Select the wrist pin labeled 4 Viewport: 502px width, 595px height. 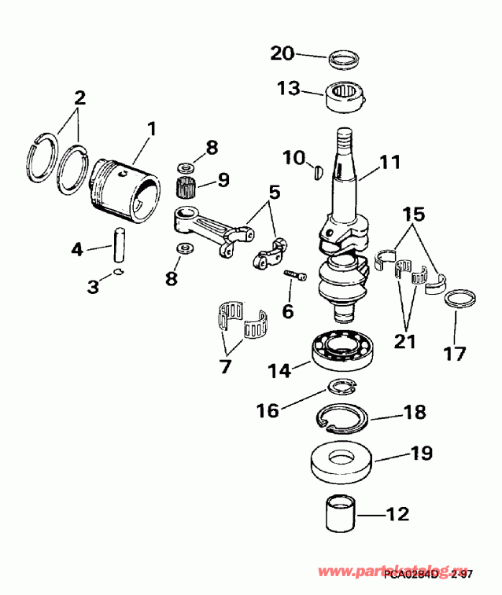point(120,244)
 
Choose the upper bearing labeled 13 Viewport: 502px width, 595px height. point(343,99)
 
